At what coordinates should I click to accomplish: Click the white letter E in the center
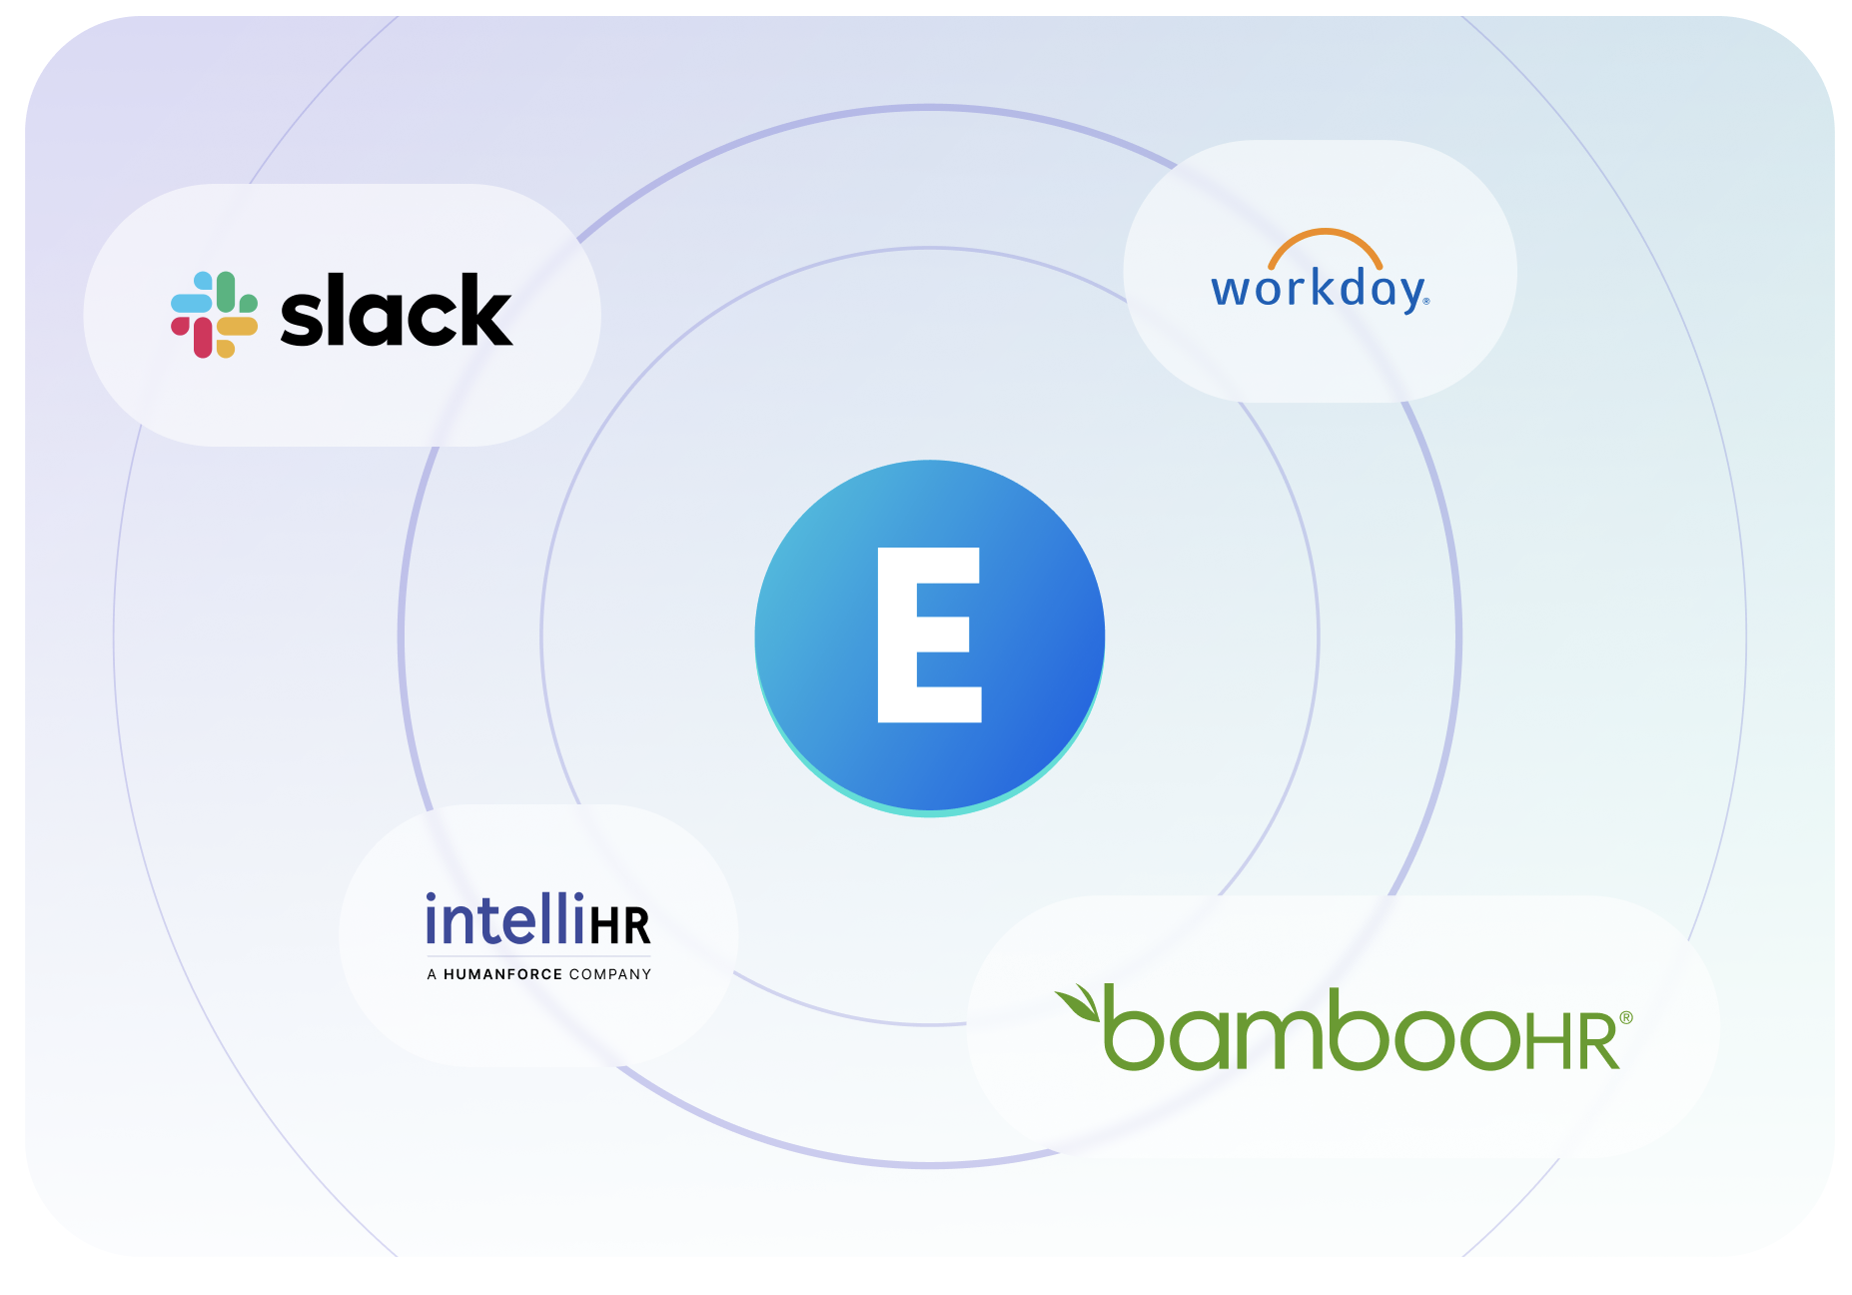click(927, 635)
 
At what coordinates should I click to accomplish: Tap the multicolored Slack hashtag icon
click(214, 314)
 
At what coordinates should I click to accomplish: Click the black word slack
click(396, 312)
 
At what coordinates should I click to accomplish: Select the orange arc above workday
click(1325, 244)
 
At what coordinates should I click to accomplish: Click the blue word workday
click(1319, 290)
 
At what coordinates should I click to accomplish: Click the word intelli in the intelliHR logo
click(504, 920)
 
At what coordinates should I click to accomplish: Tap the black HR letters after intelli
click(620, 926)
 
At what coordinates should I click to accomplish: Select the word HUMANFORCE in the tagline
click(502, 974)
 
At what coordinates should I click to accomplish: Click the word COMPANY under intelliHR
click(609, 974)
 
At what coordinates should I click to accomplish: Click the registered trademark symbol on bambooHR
click(1626, 1018)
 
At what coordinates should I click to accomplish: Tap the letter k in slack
click(486, 312)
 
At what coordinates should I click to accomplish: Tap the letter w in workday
click(1231, 291)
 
